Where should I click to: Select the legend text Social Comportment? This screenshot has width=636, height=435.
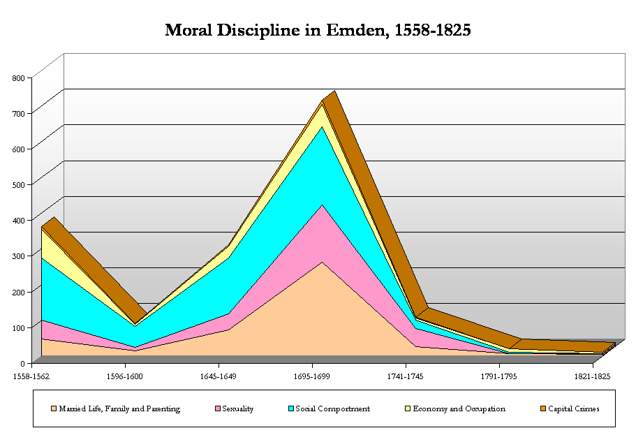(x=332, y=408)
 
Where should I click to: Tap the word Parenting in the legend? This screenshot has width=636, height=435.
(x=163, y=408)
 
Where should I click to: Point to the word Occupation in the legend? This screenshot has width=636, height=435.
(x=483, y=408)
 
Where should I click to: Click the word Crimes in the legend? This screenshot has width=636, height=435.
(x=585, y=408)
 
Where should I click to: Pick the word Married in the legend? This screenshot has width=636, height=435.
(x=73, y=408)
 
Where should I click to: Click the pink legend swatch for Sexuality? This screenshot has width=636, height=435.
(x=218, y=408)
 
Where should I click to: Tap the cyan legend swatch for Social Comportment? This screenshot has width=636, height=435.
(x=289, y=408)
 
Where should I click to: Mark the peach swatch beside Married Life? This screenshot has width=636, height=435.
(x=53, y=408)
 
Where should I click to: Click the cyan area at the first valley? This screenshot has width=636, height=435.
(x=134, y=335)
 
